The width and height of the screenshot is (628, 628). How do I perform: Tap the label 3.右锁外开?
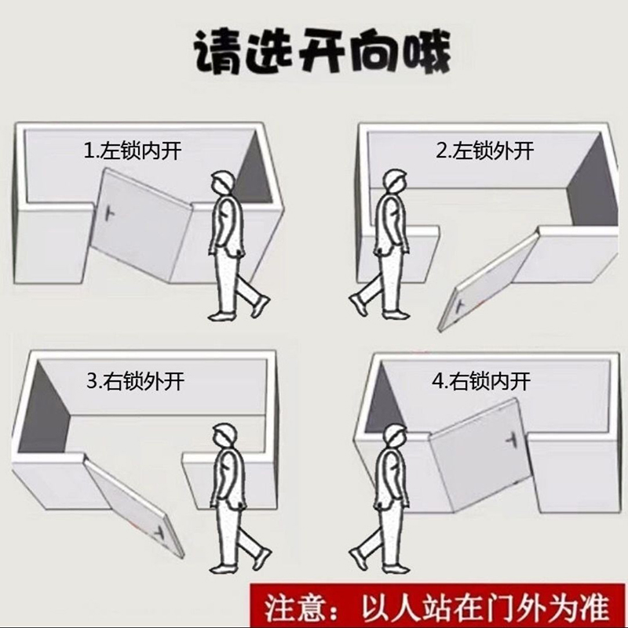click(135, 383)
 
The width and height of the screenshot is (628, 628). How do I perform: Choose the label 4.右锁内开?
click(480, 383)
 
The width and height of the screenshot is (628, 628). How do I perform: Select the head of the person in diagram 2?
click(395, 183)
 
